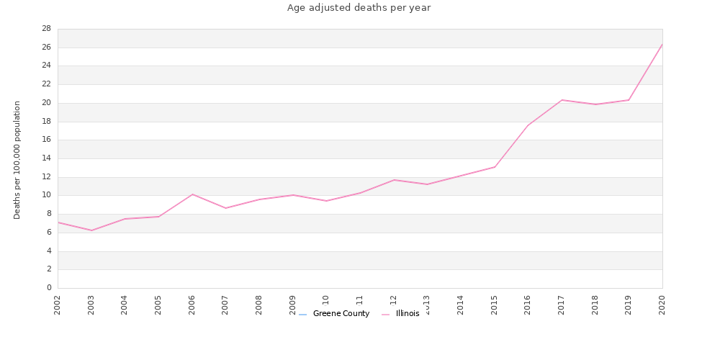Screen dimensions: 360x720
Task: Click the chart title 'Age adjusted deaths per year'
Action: click(359, 8)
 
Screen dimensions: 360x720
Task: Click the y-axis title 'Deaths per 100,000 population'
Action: click(17, 160)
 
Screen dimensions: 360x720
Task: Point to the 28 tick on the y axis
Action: click(45, 29)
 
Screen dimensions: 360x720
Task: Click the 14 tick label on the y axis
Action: click(45, 158)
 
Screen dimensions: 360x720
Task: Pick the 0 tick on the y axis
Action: click(48, 288)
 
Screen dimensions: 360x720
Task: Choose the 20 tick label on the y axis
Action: click(45, 103)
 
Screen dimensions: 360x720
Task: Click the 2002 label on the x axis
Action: click(58, 305)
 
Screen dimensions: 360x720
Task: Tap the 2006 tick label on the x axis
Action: click(192, 305)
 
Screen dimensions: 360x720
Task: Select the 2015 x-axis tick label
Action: click(495, 305)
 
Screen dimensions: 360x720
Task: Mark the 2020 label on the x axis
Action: click(662, 305)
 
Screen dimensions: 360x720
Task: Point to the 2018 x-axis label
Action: click(595, 305)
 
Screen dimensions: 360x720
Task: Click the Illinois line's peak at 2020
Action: click(662, 44)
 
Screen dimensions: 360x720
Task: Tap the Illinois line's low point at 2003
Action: click(91, 230)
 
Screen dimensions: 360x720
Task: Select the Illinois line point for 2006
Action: click(192, 194)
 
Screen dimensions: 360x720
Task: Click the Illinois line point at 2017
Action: click(562, 100)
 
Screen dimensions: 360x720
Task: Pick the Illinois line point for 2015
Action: click(495, 167)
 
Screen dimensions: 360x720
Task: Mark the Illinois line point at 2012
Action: click(394, 180)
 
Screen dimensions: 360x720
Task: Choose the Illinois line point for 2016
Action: click(528, 125)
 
